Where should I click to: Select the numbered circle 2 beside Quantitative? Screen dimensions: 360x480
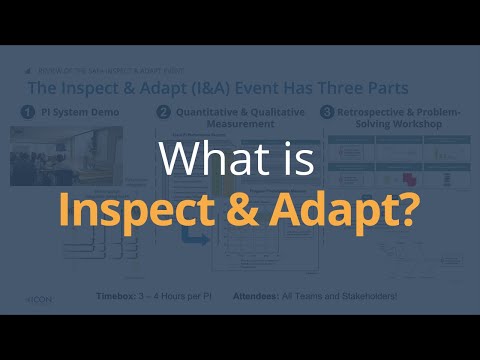pyautogui.click(x=163, y=113)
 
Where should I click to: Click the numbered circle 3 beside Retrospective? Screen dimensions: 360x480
pyautogui.click(x=326, y=113)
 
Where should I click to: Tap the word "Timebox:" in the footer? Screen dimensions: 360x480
pyautogui.click(x=118, y=297)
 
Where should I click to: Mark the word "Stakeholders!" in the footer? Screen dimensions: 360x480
pyautogui.click(x=366, y=297)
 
